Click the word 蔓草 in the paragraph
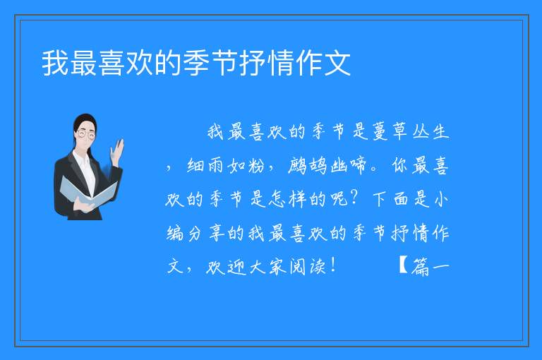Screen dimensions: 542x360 click(390, 132)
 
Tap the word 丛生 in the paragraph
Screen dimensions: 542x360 click(430, 132)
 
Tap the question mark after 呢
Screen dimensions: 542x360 click(354, 199)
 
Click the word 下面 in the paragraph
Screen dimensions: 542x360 click(390, 200)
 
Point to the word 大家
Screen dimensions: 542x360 click(267, 267)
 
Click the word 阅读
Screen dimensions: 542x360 click(307, 267)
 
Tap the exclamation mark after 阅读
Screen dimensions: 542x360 click(333, 265)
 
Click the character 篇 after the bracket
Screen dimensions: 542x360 click(420, 267)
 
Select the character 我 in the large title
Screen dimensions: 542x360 click(55, 63)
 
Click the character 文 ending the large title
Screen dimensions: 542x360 click(338, 63)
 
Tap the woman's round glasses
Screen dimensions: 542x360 click(86, 133)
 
